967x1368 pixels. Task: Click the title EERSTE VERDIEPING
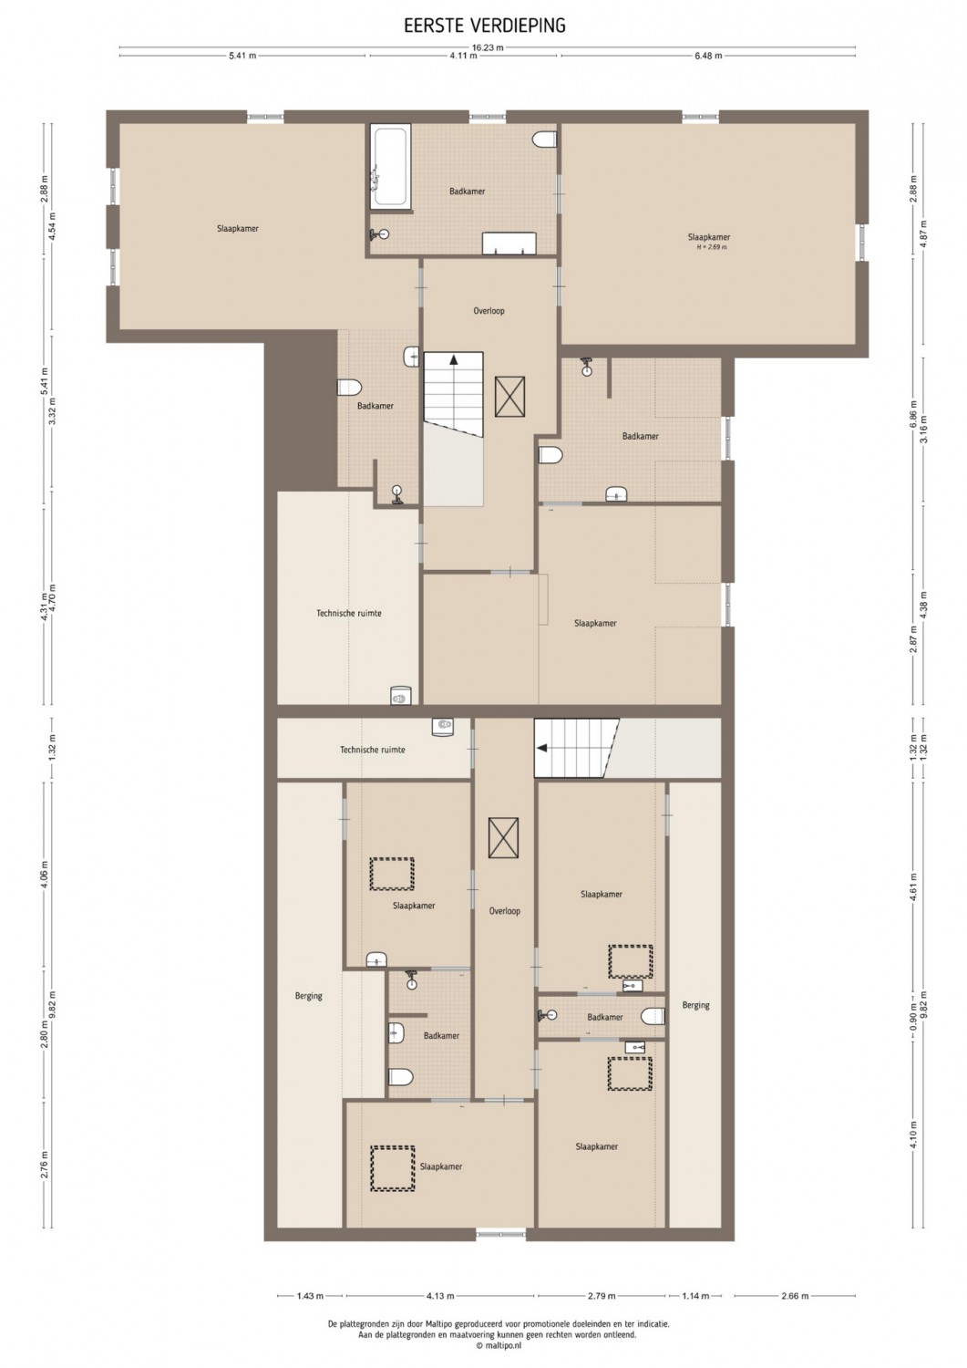tap(485, 25)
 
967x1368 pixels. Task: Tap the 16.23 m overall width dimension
tap(487, 47)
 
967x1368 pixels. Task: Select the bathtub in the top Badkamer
tap(391, 165)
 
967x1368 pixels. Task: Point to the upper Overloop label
tap(489, 311)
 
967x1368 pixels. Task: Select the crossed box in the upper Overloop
tap(509, 397)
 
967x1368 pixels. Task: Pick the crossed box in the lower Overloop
tap(504, 838)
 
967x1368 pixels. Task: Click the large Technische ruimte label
tap(348, 613)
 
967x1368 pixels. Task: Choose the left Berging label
tap(308, 996)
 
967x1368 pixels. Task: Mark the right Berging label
tap(696, 1005)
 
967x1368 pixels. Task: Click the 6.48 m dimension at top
tap(708, 56)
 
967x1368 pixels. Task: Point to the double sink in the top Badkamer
tap(509, 244)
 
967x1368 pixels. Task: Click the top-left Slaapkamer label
tap(238, 229)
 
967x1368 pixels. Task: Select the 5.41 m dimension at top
tap(242, 56)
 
